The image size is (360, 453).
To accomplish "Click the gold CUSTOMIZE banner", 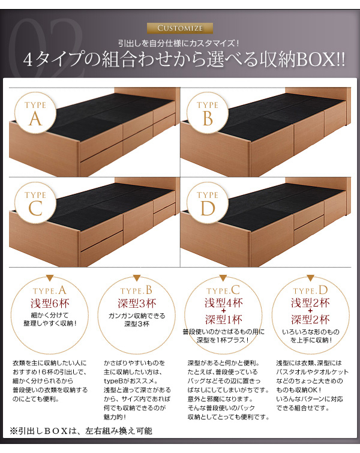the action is pos(180,28).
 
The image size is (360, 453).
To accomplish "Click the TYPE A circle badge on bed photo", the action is pos(35,113).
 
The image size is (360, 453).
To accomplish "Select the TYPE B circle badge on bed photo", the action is pos(208,113).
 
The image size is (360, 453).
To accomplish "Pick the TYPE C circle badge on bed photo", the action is pos(35,203).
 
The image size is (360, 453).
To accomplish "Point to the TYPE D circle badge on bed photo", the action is pos(208,203).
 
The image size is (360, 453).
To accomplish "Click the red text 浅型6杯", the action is pos(50,304).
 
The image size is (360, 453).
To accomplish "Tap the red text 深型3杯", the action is pos(137,304).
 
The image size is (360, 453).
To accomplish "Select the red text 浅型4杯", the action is pos(224,303).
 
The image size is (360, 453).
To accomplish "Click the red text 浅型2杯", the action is pos(310,303).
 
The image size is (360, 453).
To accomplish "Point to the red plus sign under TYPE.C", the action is pos(223,311).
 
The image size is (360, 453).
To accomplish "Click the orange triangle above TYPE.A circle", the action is pos(50,278).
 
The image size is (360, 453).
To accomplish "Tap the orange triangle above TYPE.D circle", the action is pos(310,278).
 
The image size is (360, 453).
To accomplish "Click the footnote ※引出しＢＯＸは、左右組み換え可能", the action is pos(81,431).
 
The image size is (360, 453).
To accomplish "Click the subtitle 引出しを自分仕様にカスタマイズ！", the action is pos(179,43).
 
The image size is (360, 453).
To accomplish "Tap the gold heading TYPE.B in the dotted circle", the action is pos(136,290).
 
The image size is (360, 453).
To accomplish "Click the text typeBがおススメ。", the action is pos(131,381).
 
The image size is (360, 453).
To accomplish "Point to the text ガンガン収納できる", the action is pos(137,316).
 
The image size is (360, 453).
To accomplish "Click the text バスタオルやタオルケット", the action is pos(313,372).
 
